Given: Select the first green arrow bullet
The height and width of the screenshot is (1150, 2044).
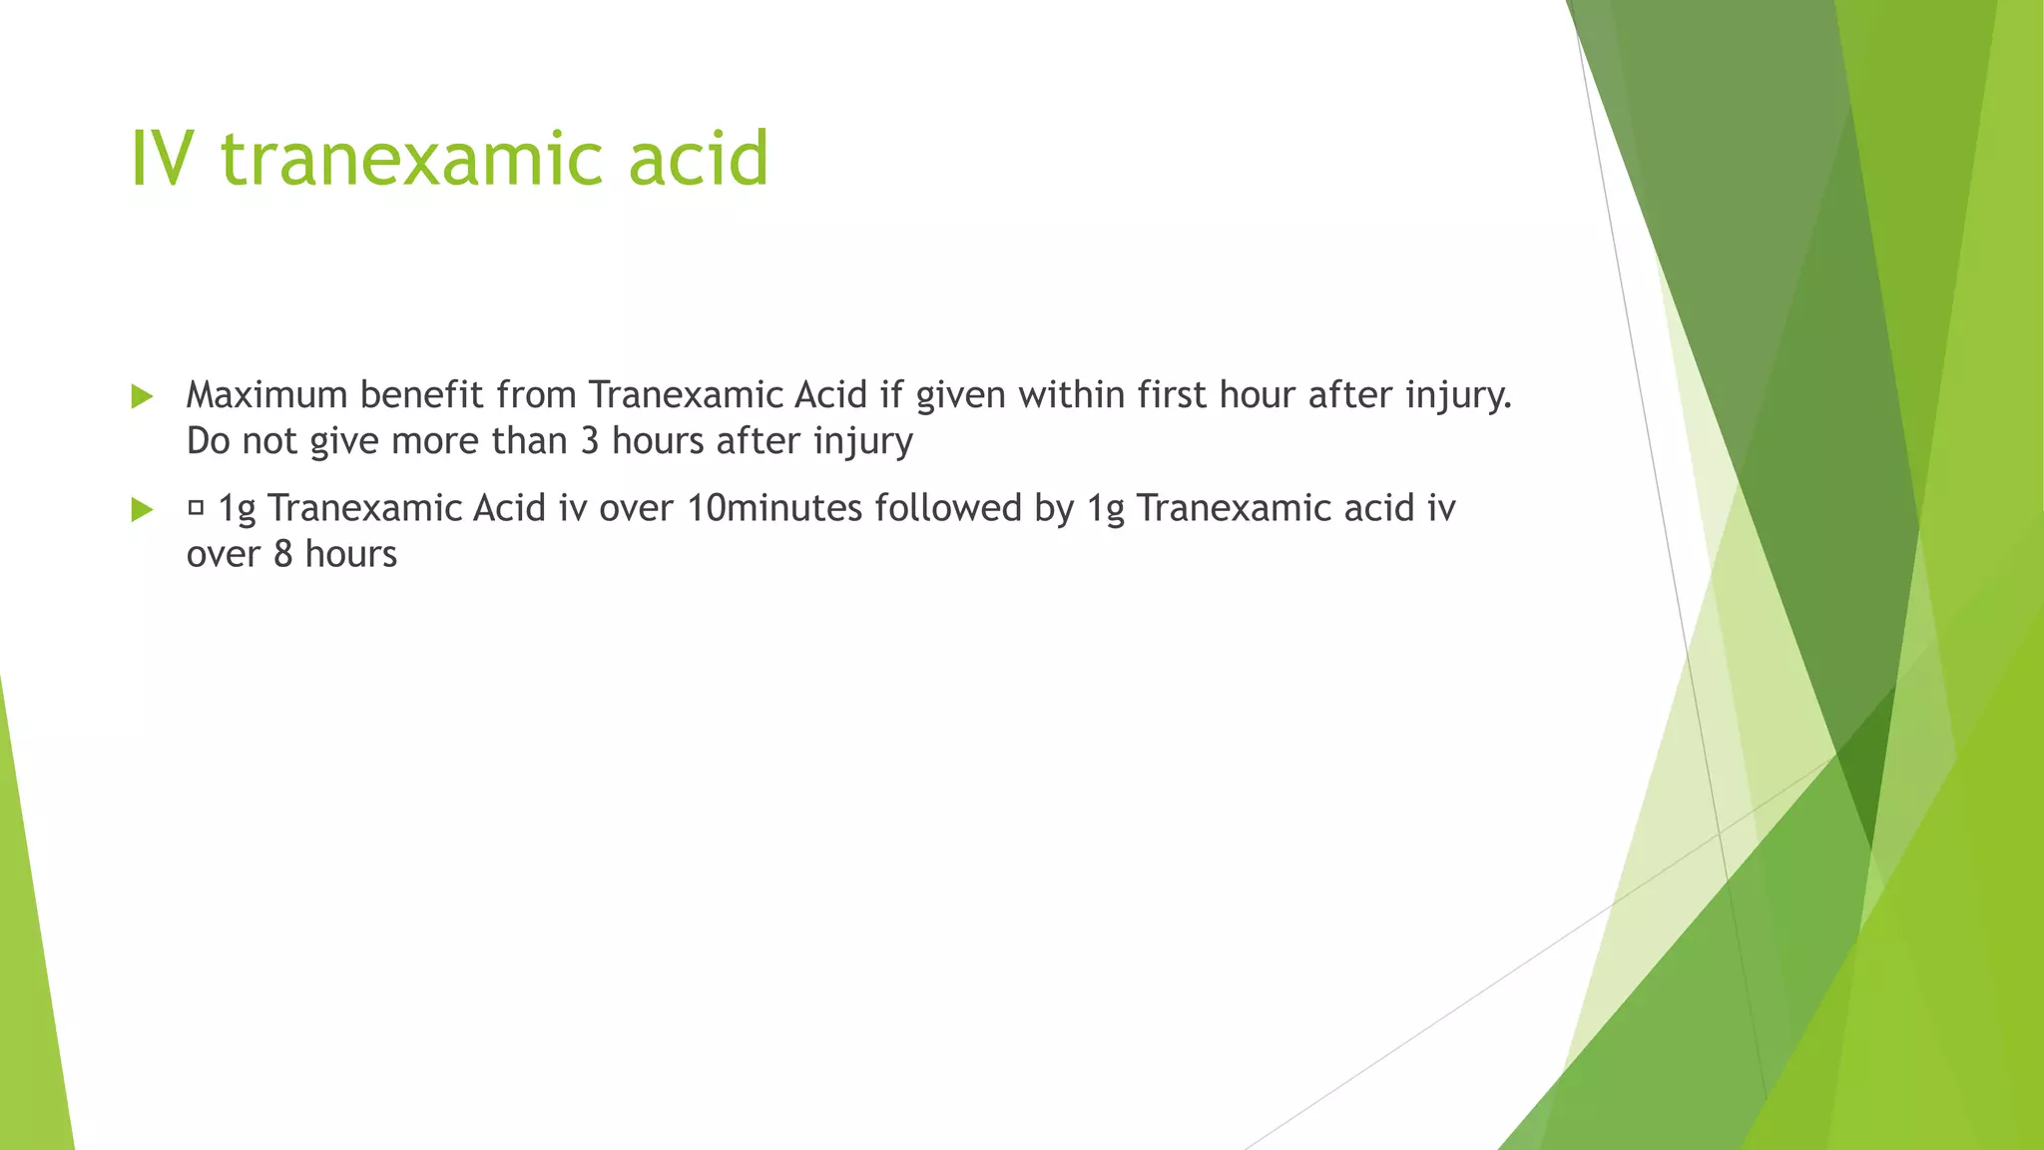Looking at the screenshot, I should pyautogui.click(x=142, y=396).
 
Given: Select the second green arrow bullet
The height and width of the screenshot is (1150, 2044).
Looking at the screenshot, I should pyautogui.click(x=142, y=510).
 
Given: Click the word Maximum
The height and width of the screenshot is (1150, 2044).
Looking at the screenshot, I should pyautogui.click(x=266, y=395).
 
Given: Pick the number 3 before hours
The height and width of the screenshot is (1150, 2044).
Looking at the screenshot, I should pyautogui.click(x=590, y=441).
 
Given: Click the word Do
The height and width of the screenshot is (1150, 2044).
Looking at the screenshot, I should pyautogui.click(x=208, y=441).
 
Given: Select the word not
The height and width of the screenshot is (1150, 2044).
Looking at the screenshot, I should pyautogui.click(x=269, y=441).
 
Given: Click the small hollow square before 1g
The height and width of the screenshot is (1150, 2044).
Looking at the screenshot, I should pyautogui.click(x=196, y=508).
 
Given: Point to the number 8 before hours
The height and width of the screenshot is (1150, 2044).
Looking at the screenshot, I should pyautogui.click(x=283, y=554).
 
